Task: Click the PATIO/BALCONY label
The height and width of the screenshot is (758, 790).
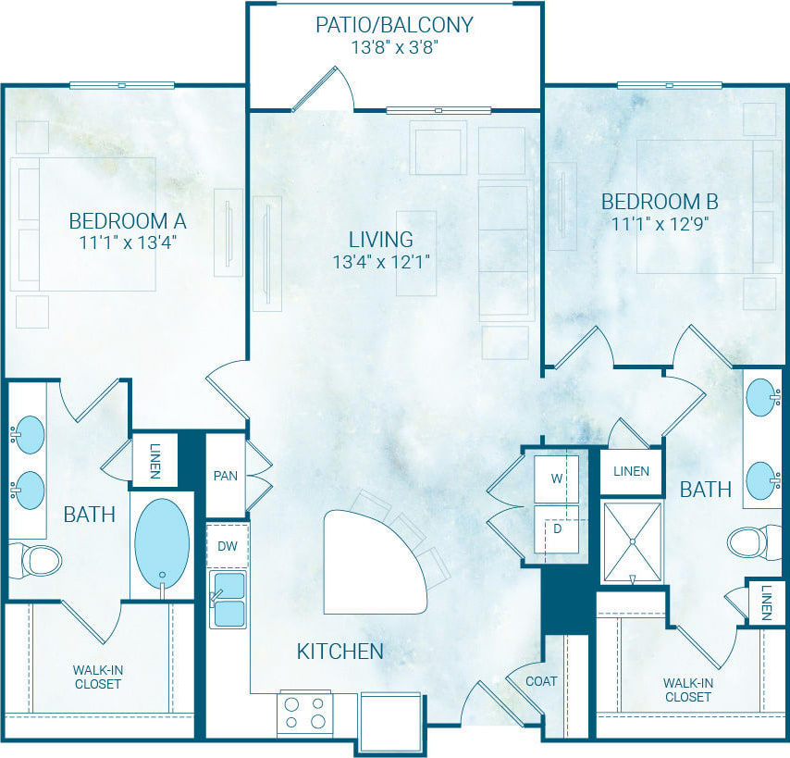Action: (394, 24)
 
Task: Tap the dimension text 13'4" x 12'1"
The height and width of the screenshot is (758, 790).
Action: (382, 262)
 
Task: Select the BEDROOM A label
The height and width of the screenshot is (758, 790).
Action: (128, 221)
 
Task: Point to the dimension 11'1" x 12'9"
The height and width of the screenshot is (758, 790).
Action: (660, 223)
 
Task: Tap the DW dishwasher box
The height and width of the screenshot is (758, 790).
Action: (227, 546)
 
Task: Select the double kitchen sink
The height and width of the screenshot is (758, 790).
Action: (228, 599)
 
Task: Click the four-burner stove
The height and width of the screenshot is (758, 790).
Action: (305, 713)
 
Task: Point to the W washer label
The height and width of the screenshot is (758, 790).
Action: (557, 478)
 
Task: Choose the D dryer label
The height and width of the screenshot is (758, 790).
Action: (557, 528)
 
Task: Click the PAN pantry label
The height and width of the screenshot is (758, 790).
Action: (225, 476)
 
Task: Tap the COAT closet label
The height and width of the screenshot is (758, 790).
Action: (541, 681)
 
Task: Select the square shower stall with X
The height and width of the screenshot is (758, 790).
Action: (632, 542)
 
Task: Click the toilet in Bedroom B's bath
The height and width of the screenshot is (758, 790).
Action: (753, 542)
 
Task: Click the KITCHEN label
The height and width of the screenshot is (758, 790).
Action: (339, 652)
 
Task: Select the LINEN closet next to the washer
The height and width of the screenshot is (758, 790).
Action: (632, 471)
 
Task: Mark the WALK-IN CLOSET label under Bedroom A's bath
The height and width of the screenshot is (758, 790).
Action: (97, 677)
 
